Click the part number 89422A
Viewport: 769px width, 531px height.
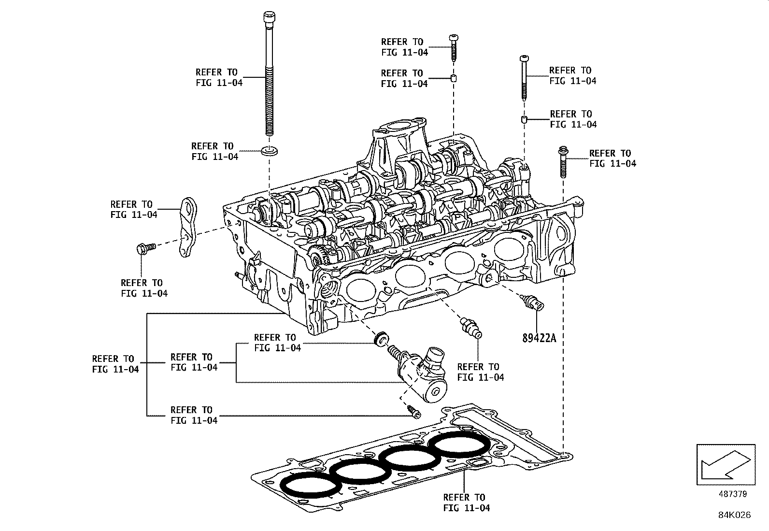539,338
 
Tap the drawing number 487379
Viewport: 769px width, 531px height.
732,494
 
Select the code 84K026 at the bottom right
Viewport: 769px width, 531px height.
734,515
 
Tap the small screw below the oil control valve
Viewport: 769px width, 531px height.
414,412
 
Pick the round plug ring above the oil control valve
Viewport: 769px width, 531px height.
381,337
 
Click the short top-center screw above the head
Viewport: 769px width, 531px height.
454,46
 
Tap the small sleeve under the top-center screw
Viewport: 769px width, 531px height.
454,78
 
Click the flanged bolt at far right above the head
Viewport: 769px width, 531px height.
562,162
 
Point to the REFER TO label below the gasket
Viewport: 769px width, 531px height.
466,502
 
